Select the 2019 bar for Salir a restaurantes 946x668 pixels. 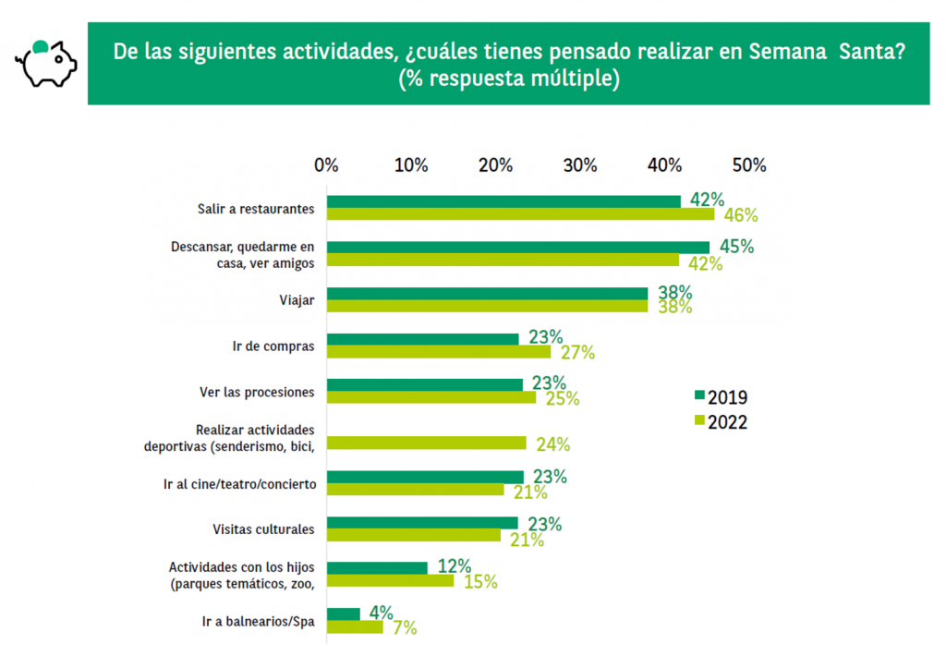coord(504,201)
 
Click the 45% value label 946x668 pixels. coord(736,247)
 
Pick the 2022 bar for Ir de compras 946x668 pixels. coord(440,352)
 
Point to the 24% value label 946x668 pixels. coord(552,443)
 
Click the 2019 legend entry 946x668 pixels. coord(721,397)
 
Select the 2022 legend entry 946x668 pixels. coord(721,422)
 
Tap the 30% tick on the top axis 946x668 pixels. coord(580,165)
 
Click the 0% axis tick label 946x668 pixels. coord(326,165)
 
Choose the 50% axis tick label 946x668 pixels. coord(749,165)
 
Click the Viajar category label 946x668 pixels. coord(296,300)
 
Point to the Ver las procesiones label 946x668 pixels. coord(257,392)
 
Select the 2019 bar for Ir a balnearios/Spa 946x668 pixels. coord(345,613)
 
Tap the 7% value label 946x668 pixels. coord(405,628)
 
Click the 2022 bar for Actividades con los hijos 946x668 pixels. coord(391,581)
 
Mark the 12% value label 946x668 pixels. coord(455,566)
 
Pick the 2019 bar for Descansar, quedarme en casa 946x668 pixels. coord(518,247)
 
